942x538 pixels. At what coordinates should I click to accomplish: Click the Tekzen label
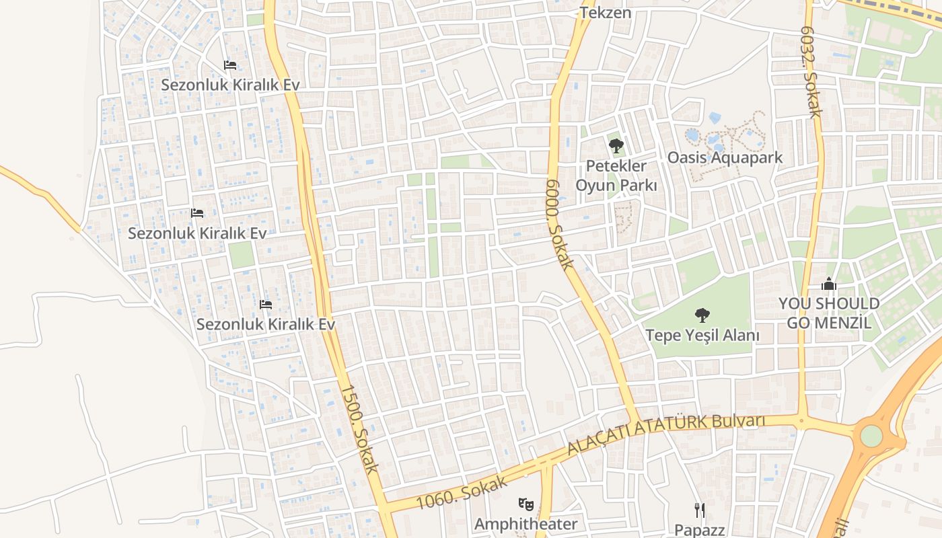(606, 12)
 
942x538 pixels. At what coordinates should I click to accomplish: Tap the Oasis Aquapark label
(725, 157)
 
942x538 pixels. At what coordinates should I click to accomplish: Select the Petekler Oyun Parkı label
(616, 175)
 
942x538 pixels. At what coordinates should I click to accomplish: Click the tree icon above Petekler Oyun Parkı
(616, 145)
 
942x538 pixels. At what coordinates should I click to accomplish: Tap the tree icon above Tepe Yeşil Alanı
(702, 314)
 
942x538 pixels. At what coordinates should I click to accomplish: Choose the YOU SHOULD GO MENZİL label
(829, 313)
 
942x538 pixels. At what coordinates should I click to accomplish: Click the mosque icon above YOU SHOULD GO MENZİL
(829, 284)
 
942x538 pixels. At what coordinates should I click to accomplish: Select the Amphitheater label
(526, 524)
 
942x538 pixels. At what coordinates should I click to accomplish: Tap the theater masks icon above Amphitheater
(526, 503)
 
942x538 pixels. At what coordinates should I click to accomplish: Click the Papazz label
(700, 530)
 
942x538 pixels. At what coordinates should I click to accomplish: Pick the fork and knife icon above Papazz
(700, 510)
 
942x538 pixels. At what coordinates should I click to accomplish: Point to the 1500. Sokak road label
(359, 429)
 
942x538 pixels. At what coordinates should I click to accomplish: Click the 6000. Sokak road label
(559, 225)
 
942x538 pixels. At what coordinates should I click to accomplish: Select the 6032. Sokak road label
(810, 72)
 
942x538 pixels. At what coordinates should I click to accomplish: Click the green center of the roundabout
(871, 436)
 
